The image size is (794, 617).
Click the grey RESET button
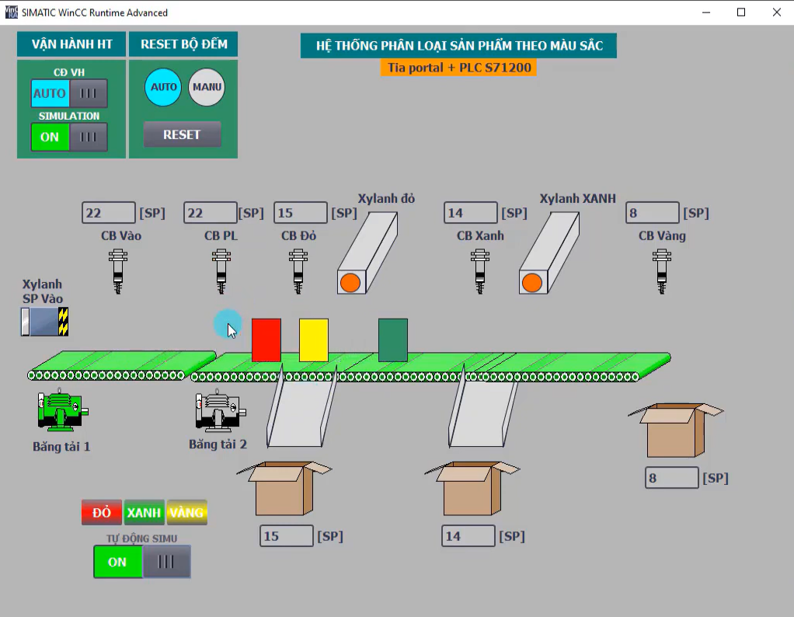tap(183, 134)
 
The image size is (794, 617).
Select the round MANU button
tap(207, 87)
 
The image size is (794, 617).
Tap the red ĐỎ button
tap(102, 512)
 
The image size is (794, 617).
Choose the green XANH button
tap(145, 512)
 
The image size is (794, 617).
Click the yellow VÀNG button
tap(187, 512)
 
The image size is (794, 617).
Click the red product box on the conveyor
tap(266, 340)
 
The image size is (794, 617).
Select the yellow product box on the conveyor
tap(314, 340)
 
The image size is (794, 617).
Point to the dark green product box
tap(393, 340)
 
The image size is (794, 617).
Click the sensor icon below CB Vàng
tap(662, 271)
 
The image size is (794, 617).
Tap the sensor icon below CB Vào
tap(118, 271)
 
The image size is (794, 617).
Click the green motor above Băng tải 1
tap(62, 410)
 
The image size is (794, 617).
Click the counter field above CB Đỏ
tap(301, 213)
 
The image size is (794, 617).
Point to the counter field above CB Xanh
tap(471, 213)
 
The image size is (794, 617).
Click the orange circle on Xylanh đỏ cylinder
tap(350, 283)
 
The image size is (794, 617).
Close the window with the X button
tap(777, 12)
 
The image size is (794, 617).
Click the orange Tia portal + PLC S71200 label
tap(459, 68)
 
